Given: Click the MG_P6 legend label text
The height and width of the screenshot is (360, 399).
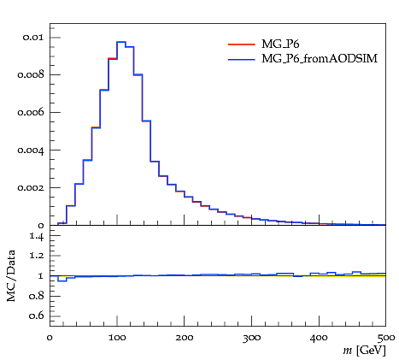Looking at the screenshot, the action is [280, 44].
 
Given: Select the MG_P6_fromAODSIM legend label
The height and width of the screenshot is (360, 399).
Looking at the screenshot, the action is [320, 59].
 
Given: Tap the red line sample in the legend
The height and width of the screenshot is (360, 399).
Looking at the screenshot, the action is [242, 44].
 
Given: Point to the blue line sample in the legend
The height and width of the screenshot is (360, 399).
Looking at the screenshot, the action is [242, 60].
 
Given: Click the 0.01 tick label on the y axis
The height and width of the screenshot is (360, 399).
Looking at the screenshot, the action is [33, 38].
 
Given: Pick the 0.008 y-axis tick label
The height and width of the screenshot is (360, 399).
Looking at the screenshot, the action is [31, 74].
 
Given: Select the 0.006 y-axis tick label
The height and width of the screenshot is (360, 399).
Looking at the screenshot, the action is [31, 112].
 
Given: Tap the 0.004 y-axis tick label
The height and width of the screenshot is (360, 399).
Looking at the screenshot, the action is [31, 150].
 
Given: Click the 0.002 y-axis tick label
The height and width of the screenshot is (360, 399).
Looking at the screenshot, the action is [31, 187].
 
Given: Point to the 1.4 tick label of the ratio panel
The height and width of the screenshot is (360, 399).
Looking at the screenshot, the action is [37, 236].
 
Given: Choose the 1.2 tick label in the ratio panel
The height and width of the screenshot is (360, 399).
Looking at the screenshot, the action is [37, 255].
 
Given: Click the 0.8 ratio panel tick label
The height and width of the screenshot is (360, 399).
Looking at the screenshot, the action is [37, 296].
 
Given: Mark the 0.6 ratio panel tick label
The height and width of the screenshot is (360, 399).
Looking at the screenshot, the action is [37, 316].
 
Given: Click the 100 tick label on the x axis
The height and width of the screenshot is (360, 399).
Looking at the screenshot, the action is [117, 338].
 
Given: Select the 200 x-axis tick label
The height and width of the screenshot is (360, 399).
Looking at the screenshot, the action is [185, 338].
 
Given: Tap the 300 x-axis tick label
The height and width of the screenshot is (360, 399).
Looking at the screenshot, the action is [251, 339].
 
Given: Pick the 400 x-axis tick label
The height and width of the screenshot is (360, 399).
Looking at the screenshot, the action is [319, 339].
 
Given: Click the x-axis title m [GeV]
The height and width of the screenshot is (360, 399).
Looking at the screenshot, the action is [365, 351].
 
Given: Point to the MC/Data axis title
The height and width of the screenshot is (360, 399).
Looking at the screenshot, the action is [11, 275].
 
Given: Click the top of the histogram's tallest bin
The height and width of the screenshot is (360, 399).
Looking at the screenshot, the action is [121, 42].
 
